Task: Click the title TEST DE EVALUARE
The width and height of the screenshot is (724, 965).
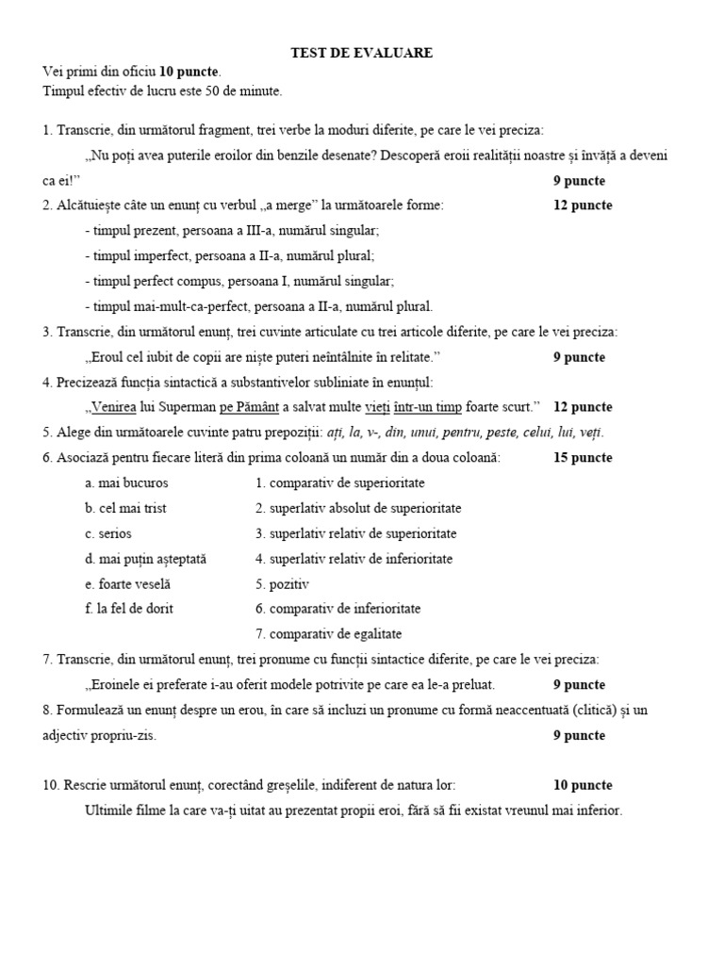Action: click(x=361, y=54)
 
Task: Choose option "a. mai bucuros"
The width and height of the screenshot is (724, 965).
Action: click(x=126, y=483)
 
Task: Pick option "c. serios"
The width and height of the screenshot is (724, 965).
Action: click(x=108, y=533)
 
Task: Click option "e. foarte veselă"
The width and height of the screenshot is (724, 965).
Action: click(x=127, y=584)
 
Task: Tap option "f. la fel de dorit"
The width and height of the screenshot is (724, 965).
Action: click(x=129, y=609)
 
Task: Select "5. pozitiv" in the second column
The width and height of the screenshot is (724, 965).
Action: click(x=283, y=584)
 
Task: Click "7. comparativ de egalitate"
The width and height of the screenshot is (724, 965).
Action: click(x=328, y=634)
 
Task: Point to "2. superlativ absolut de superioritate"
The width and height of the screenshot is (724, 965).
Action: click(x=358, y=508)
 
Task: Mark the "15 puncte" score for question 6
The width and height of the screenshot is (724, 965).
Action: click(x=583, y=458)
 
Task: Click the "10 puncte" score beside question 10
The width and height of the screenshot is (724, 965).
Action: click(x=583, y=785)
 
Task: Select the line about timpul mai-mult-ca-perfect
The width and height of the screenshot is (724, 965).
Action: click(x=258, y=306)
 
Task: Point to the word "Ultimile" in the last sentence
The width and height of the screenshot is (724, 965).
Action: click(x=110, y=810)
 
